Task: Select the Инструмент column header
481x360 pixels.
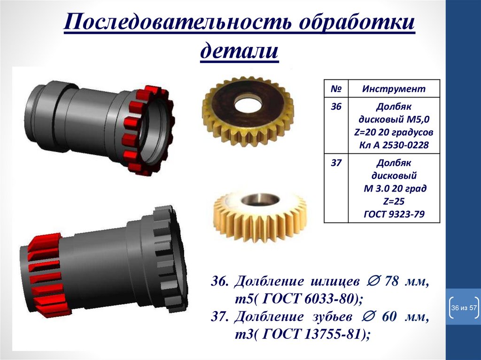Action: (x=394, y=89)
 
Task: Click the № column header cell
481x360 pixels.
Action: (x=336, y=89)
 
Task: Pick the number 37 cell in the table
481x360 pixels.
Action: (x=336, y=163)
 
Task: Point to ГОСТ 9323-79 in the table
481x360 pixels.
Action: (x=394, y=214)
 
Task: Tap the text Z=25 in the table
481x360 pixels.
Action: (x=394, y=201)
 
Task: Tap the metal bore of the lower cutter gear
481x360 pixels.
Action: (x=260, y=199)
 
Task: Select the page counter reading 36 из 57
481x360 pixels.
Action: (x=464, y=307)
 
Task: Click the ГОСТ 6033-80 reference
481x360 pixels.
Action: (x=309, y=299)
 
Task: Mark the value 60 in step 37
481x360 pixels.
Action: (x=389, y=317)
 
